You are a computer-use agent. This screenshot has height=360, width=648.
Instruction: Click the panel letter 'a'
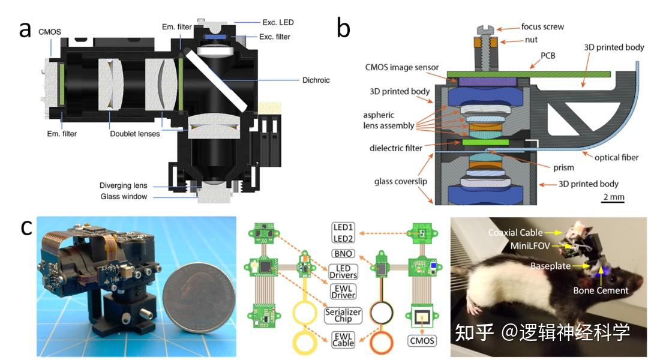25,29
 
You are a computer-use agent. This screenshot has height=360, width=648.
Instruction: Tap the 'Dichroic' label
316,80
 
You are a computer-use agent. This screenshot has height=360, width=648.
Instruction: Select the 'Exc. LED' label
278,22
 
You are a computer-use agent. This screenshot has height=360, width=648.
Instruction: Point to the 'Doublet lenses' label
135,134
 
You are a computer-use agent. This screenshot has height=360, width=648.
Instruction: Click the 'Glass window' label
124,196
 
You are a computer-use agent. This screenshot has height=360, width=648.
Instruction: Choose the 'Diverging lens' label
123,185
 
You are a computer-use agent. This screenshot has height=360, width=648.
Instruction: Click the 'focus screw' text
542,27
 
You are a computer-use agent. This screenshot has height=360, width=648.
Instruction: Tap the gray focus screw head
485,30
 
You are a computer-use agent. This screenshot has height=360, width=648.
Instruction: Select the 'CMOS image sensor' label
401,67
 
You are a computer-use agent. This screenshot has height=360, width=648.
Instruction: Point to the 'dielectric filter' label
396,148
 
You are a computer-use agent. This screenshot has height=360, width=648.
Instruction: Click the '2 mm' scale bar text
614,197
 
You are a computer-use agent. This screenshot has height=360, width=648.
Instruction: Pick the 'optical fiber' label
616,157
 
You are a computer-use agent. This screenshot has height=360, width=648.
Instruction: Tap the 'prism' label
563,167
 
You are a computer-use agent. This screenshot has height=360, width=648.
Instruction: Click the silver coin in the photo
199,297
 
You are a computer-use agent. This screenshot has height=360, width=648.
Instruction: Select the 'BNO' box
343,253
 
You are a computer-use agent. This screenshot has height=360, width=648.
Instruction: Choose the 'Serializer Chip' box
343,316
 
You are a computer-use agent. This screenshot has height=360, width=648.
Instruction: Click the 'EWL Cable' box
343,340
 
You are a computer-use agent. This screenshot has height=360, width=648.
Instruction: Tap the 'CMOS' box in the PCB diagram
422,341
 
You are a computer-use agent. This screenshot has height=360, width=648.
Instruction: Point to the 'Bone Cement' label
601,290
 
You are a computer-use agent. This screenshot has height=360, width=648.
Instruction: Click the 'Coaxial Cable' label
515,233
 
